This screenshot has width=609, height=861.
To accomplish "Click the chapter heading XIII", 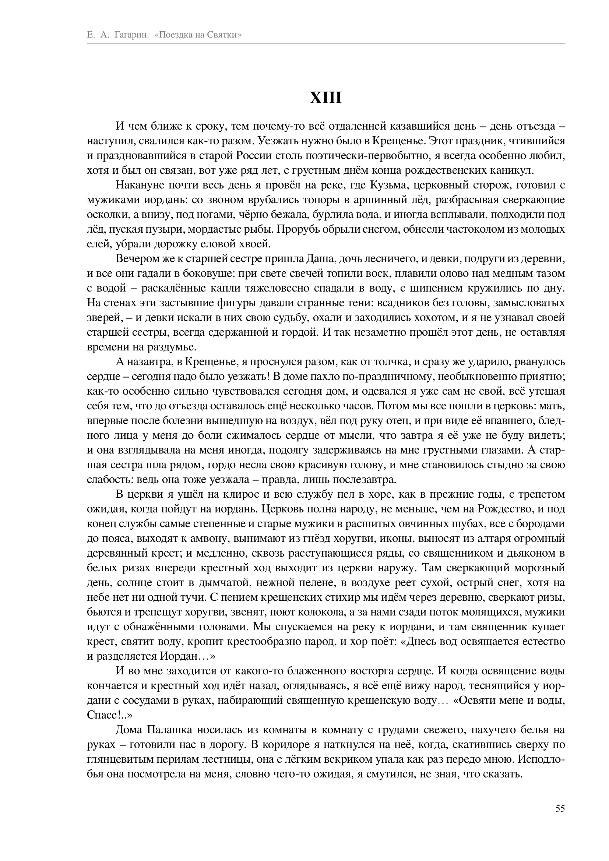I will (326, 98).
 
